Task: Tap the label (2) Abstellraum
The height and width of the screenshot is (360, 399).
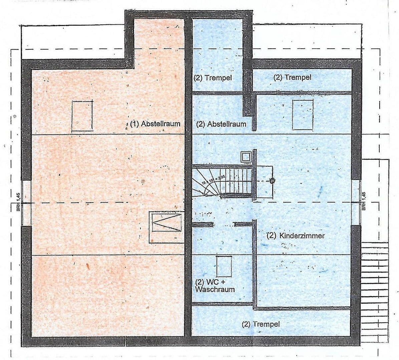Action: click(x=221, y=124)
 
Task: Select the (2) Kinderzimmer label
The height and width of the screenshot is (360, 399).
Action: click(x=296, y=236)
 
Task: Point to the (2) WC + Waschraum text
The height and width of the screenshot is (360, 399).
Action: click(x=215, y=286)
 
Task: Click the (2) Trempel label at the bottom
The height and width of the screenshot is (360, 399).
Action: click(x=261, y=324)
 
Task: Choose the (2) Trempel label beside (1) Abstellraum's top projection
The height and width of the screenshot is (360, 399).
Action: click(x=213, y=78)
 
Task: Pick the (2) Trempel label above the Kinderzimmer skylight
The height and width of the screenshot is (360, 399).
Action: click(x=292, y=77)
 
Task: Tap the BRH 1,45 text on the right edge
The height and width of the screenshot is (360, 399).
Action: click(x=364, y=201)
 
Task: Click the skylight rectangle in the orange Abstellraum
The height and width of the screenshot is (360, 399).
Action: click(x=82, y=116)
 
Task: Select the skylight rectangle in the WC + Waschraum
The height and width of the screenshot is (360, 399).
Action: click(x=224, y=266)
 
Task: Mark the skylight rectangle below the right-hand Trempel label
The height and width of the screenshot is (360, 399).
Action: click(x=303, y=114)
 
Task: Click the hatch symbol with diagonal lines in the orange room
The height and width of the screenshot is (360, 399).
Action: click(x=166, y=222)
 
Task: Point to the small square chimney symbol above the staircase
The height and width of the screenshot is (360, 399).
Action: click(x=246, y=157)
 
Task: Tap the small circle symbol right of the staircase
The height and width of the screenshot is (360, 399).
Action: click(x=272, y=181)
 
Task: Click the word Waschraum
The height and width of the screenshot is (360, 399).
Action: click(x=215, y=289)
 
